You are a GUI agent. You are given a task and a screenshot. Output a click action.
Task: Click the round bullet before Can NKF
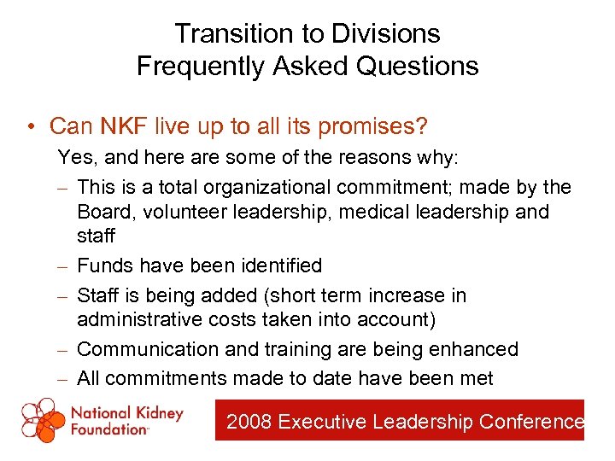(x=30, y=127)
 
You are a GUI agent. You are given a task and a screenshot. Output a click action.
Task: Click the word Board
(x=105, y=211)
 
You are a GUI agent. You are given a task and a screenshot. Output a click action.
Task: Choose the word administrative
(x=139, y=319)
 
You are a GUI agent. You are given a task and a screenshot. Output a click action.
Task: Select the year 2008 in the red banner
(x=249, y=421)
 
